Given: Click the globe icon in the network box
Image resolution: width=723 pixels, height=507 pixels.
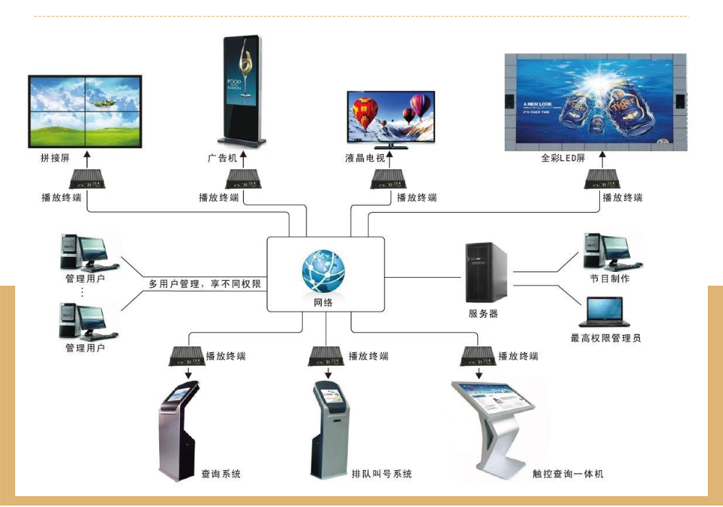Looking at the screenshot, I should pos(323,270).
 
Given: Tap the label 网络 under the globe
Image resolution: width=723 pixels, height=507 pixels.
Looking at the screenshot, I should pos(323,303).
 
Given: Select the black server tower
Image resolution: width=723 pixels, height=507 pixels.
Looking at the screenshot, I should pos(485,273).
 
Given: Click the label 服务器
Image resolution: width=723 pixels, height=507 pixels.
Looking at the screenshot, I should pos(483,314).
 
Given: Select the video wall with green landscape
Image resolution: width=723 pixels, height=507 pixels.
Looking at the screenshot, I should pos(85,111).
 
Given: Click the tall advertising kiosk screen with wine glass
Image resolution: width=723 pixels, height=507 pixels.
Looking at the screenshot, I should pos(241,90).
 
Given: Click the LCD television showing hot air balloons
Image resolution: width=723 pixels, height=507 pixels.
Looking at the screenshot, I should pos(390,117).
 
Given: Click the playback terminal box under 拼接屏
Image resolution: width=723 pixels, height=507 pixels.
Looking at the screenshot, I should pos(86,179).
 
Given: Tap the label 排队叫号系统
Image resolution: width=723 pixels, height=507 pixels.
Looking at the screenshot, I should pos(382,474).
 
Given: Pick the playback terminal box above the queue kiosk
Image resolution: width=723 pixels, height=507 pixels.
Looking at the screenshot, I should pos(327,356).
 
